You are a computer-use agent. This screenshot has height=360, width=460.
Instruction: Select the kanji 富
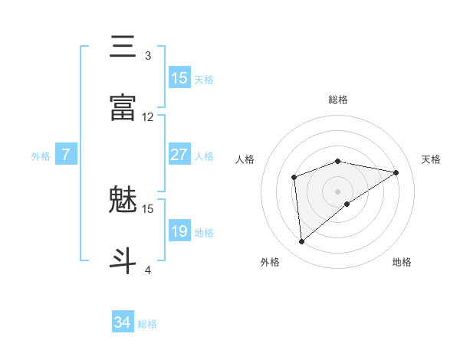pos(123,108)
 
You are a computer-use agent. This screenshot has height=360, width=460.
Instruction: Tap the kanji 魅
pos(123,201)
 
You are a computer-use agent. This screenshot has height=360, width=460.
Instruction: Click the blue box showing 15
pos(179,78)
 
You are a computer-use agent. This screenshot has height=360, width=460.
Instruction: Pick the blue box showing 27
pos(179,155)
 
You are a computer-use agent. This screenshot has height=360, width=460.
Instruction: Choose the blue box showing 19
pos(179,231)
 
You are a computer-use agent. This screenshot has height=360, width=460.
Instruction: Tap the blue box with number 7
pos(66,155)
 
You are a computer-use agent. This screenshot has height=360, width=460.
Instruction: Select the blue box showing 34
pos(123,323)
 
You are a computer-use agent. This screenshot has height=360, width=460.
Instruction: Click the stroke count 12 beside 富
pos(148,117)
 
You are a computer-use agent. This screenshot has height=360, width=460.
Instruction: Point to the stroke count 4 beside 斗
pos(148,270)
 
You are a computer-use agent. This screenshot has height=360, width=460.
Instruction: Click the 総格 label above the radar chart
pos(338,100)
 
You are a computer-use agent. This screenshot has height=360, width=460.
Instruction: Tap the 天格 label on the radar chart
pos(432,159)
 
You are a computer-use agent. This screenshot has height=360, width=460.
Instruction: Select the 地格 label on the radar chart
pos(402,262)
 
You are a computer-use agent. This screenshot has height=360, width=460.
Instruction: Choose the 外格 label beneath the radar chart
pos(270,262)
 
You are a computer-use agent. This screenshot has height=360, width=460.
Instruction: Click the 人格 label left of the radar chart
pos(245,159)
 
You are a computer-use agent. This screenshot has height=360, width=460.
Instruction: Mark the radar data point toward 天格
pos(396,172)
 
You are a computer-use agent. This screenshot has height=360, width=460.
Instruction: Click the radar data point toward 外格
pos(302,242)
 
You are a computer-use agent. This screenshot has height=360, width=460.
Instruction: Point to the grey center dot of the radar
pos(338,191)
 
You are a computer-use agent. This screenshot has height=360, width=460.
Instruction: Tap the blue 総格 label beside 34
pos(147,324)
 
